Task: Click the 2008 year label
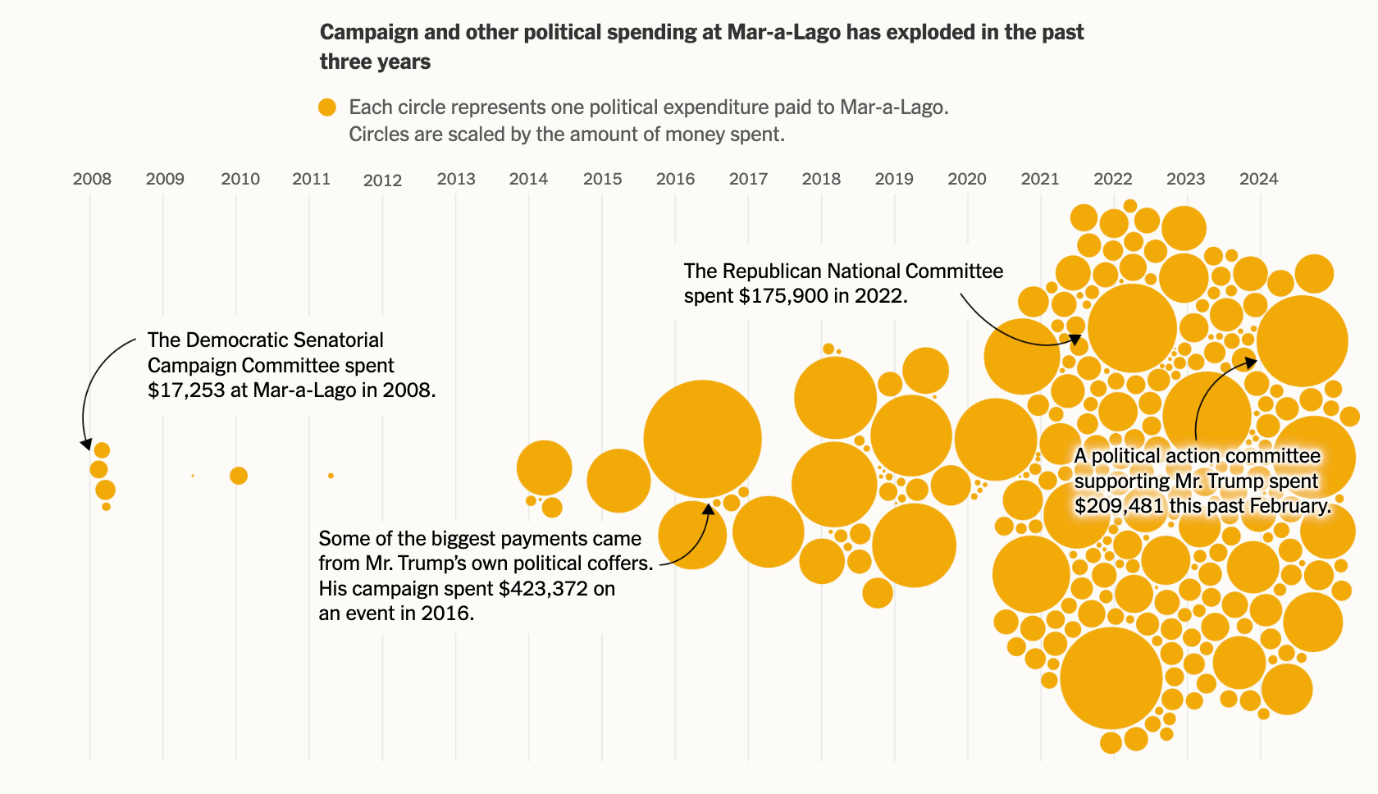[92, 179]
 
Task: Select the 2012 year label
[382, 180]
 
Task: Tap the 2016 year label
[675, 179]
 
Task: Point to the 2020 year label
[967, 179]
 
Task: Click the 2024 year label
[1258, 179]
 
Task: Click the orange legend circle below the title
[327, 107]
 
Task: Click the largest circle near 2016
[702, 439]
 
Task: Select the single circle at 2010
[239, 476]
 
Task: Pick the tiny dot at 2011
[331, 476]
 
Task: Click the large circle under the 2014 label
[544, 468]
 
